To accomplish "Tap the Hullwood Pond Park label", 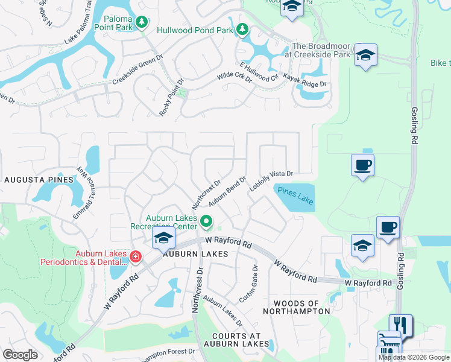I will [x=194, y=29].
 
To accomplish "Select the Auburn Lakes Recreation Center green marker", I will [x=206, y=221].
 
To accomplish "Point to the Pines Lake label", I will [x=295, y=195].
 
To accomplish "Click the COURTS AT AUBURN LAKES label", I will [x=236, y=340].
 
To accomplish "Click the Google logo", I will [x=20, y=355].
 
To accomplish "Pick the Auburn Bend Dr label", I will [x=228, y=191].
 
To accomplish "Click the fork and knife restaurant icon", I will [x=400, y=325].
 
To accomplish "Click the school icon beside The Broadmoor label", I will [x=365, y=55].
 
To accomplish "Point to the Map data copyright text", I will [x=414, y=357].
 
